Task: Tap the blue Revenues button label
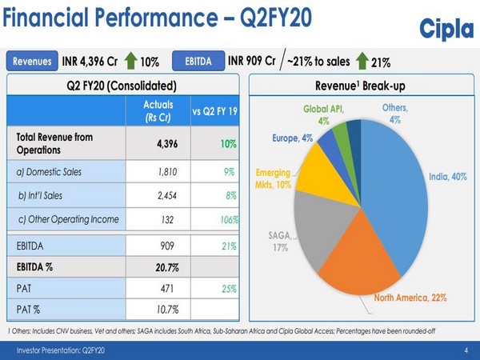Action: click(31, 62)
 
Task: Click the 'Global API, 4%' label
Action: click(323, 114)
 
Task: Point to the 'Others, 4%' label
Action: click(394, 113)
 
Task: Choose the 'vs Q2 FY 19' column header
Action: click(215, 112)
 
